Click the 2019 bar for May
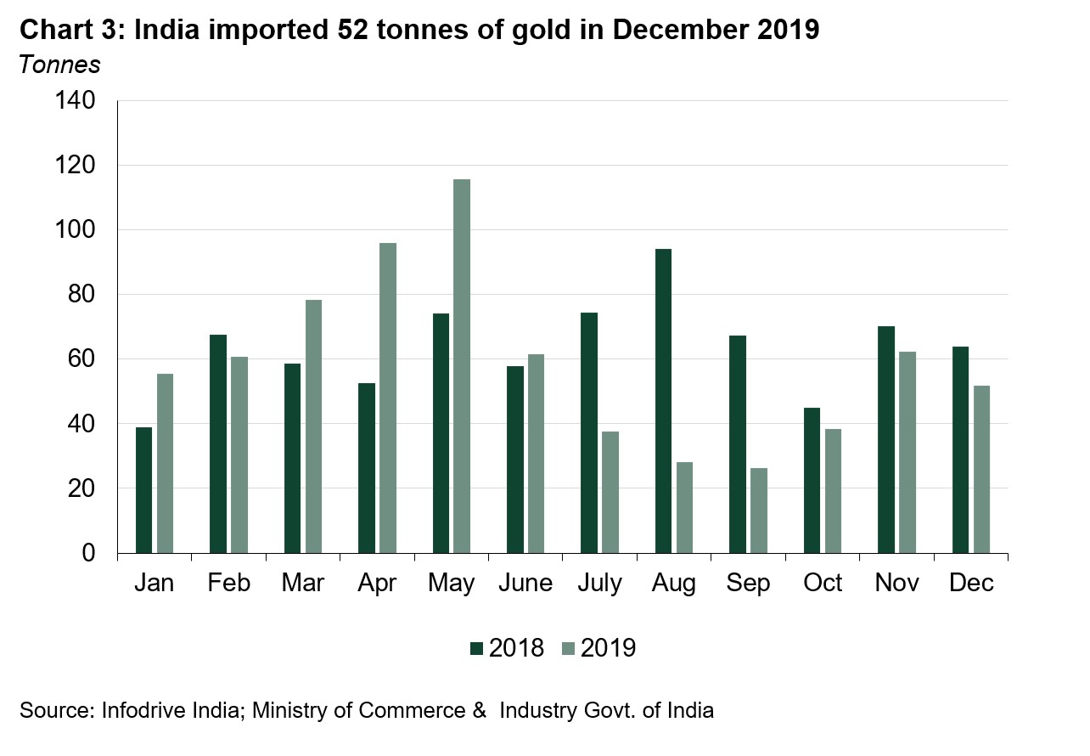[x=462, y=366]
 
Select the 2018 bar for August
[x=663, y=401]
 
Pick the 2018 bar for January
[x=143, y=490]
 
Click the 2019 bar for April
[x=387, y=398]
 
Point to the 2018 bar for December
[x=960, y=450]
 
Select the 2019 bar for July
[x=610, y=493]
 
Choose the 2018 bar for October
[x=812, y=481]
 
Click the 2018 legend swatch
[x=476, y=649]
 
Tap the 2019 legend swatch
[x=568, y=649]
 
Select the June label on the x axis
[x=525, y=584]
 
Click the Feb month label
[x=228, y=584]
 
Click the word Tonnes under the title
[x=59, y=64]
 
